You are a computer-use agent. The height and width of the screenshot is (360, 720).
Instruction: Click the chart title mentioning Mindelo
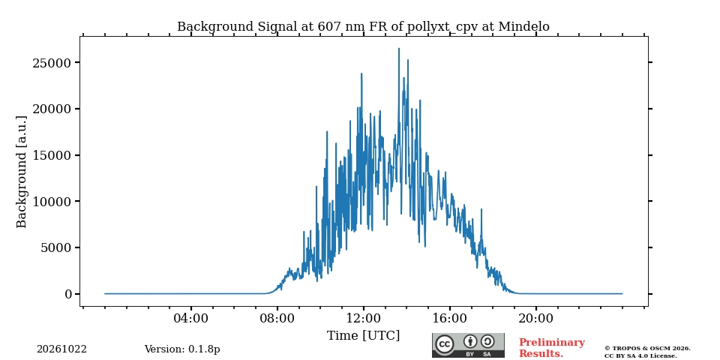(x=363, y=27)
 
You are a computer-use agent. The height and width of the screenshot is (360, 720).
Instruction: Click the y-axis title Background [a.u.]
(x=22, y=172)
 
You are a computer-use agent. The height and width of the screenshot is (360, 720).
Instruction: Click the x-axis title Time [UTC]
(x=363, y=336)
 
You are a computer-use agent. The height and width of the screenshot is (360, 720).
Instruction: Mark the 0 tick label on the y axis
(x=68, y=294)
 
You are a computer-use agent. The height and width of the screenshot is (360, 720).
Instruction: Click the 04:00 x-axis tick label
(x=191, y=318)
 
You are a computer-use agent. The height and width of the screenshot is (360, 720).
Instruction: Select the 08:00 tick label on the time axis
(x=277, y=318)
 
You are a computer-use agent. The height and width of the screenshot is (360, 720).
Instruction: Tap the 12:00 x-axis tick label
(x=364, y=318)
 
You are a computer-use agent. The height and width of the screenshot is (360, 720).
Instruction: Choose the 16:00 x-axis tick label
(x=450, y=318)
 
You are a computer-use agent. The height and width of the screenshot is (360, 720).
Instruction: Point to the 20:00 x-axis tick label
(x=536, y=318)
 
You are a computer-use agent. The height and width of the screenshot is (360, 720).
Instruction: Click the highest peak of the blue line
(x=398, y=49)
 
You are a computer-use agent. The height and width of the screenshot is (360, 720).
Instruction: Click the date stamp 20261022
(x=61, y=349)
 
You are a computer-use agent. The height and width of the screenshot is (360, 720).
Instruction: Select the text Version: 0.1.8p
(x=182, y=349)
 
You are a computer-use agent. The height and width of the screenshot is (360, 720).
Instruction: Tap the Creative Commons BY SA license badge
(x=468, y=345)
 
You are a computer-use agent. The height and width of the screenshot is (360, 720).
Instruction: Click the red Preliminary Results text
(x=552, y=348)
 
